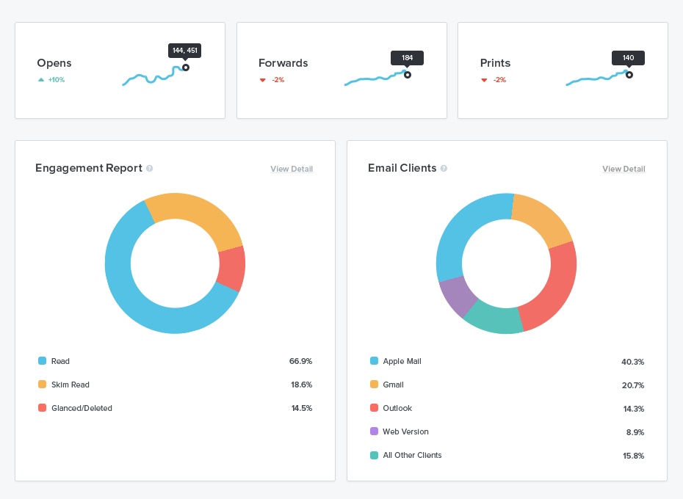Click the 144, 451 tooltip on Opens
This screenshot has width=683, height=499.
click(x=184, y=51)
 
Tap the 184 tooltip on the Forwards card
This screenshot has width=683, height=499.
click(x=407, y=57)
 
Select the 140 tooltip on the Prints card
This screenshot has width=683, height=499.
click(x=628, y=57)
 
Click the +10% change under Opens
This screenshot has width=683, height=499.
click(x=56, y=80)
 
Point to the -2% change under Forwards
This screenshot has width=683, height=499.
click(x=278, y=80)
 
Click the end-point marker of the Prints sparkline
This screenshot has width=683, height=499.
click(x=629, y=74)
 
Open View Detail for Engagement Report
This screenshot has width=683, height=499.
click(x=292, y=169)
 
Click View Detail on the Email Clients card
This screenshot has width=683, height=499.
click(x=624, y=169)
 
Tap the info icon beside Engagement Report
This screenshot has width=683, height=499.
click(x=149, y=168)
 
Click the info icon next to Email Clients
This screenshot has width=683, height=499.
click(x=444, y=168)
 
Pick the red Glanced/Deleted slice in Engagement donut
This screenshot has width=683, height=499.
click(x=232, y=268)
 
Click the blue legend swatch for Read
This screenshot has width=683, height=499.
click(x=42, y=361)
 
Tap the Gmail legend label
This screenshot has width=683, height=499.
click(x=393, y=385)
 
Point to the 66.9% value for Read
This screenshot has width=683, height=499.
click(x=300, y=361)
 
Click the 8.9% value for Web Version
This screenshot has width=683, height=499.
click(x=635, y=432)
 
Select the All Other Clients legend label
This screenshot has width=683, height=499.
click(x=412, y=455)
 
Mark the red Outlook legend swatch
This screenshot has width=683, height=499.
click(x=375, y=408)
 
